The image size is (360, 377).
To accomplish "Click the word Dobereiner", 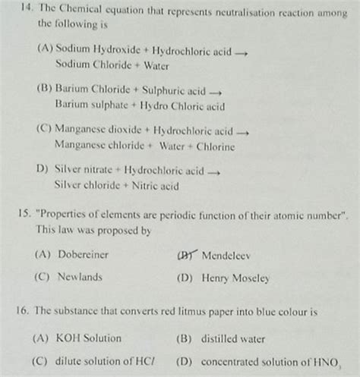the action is [x=83, y=255].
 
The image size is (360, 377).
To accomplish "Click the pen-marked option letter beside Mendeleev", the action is [x=185, y=256].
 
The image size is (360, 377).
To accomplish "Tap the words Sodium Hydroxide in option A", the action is [x=98, y=49].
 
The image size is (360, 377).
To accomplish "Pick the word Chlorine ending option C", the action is [x=216, y=146].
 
